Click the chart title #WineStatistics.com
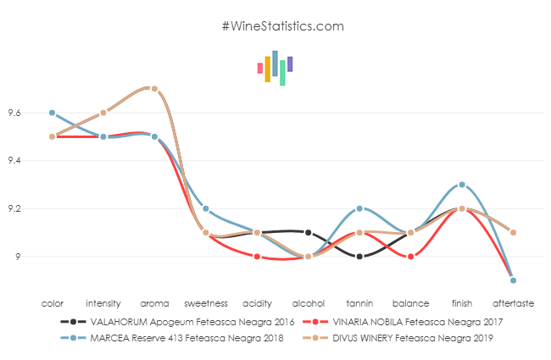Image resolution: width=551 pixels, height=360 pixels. coord(282,26)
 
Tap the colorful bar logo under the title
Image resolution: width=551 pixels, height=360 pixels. coord(275,68)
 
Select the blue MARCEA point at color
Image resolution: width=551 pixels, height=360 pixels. coord(52,113)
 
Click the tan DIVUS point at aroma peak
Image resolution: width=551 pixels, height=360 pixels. coord(154,88)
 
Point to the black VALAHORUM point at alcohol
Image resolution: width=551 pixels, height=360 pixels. coord(308,232)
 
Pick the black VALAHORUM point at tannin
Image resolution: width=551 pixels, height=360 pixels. coord(359,256)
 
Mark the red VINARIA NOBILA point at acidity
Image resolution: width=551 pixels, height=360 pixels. coord(257,256)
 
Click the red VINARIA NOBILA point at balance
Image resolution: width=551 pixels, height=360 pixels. coord(410,256)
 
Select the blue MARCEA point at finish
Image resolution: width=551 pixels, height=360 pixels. coord(461,185)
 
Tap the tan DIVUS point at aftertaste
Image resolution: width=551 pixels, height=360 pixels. coord(513,232)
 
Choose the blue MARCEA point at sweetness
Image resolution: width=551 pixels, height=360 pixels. coord(206,208)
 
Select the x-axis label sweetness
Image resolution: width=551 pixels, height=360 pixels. coord(206,302)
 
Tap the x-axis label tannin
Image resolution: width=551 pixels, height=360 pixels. coord(359,302)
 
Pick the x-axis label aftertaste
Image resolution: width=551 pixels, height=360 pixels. coord(513,302)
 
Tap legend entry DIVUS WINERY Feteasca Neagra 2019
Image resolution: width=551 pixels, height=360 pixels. coord(398,338)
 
